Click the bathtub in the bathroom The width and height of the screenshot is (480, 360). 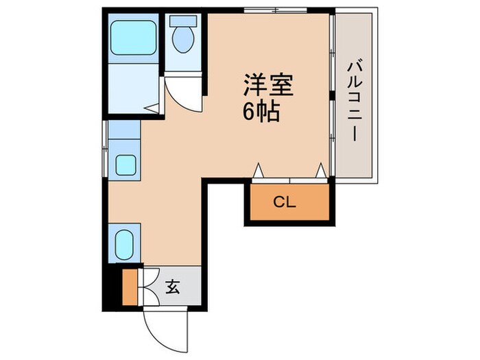pyautogui.click(x=133, y=40)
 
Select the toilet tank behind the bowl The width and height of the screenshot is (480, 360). pyautogui.click(x=183, y=21)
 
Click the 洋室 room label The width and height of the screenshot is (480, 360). pyautogui.click(x=267, y=85)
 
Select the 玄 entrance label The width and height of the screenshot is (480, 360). pyautogui.click(x=173, y=287)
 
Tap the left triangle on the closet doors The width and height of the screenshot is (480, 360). pyautogui.click(x=259, y=171)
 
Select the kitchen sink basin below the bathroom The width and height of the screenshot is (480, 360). pyautogui.click(x=125, y=165)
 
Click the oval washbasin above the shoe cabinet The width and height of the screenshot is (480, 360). pyautogui.click(x=125, y=242)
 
